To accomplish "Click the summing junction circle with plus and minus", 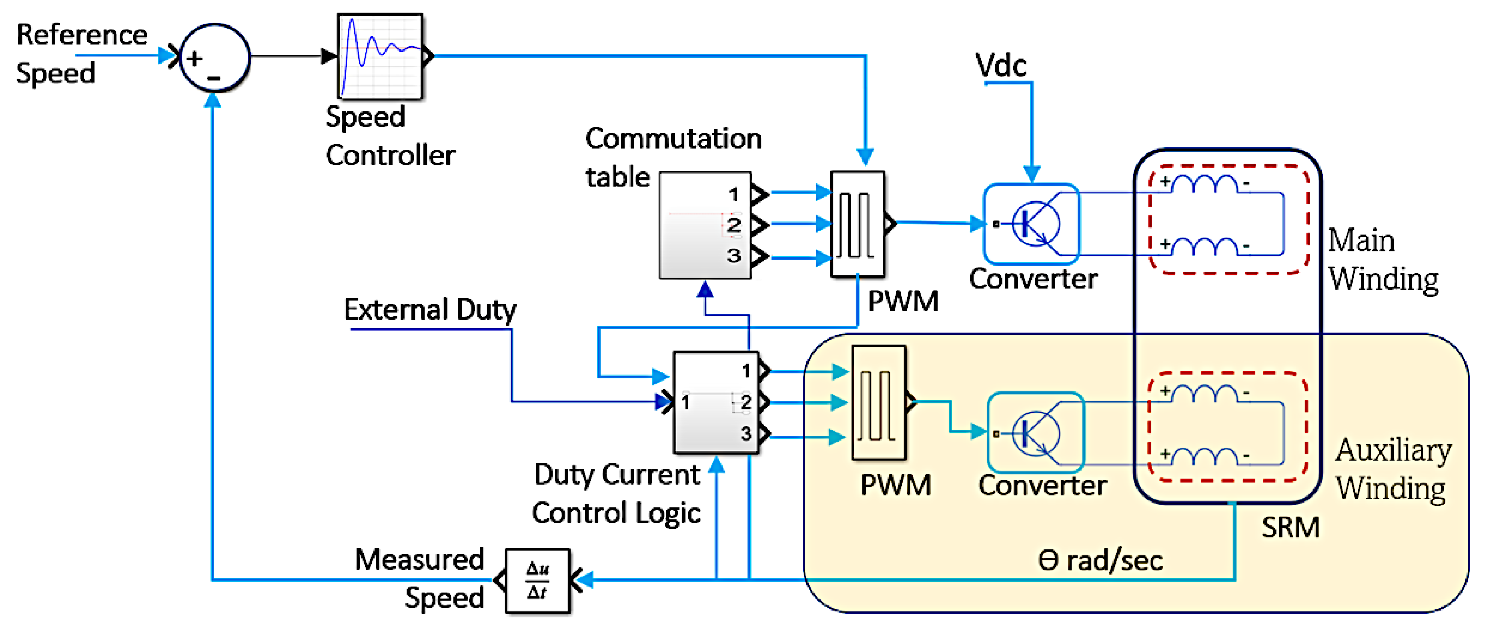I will tap(215, 58).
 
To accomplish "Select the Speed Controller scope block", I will tap(380, 56).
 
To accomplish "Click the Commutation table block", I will tap(705, 225).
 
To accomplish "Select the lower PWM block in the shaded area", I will tap(879, 402).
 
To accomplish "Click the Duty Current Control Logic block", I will tap(716, 402).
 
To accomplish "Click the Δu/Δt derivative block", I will tap(538, 580).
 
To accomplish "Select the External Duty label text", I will tap(430, 309).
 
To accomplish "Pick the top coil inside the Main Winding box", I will tap(1205, 184).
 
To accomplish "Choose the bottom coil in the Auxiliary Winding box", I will tap(1205, 456).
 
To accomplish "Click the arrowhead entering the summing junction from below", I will tap(213, 100).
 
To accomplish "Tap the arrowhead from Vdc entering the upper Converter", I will tap(1031, 174).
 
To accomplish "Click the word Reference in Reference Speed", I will tap(82, 35).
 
